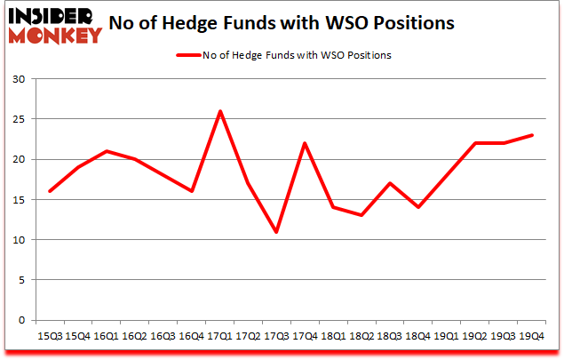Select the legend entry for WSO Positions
(283, 54)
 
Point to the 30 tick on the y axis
(19, 79)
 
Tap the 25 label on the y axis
(19, 119)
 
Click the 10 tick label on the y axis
(19, 240)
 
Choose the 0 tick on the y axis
(22, 320)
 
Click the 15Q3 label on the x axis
(49, 337)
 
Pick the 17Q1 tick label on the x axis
(219, 337)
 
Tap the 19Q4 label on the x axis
(531, 337)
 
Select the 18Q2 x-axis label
(361, 337)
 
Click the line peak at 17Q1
(219, 111)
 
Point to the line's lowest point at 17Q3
(276, 232)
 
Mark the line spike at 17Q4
(305, 143)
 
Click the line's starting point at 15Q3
(50, 191)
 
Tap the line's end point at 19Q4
(531, 135)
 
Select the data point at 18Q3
(389, 183)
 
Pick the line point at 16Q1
(107, 151)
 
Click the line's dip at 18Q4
(417, 207)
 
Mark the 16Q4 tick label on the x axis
(191, 337)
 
